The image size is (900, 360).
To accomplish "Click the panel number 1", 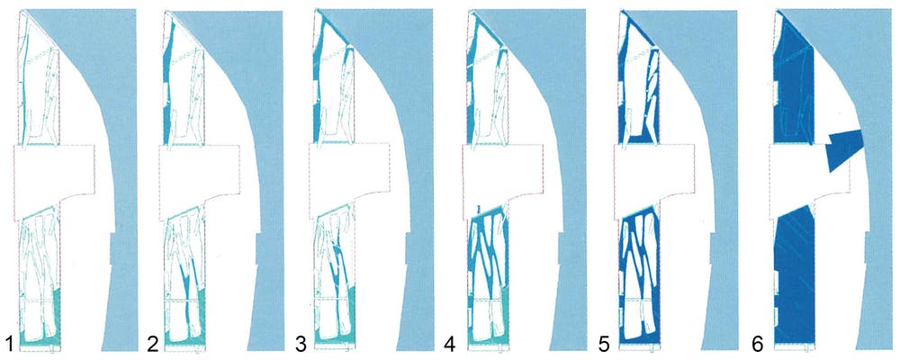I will (8, 342).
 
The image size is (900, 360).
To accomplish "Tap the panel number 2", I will (153, 342).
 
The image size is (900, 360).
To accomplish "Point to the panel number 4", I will (451, 342).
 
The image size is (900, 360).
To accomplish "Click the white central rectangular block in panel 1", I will (54, 180).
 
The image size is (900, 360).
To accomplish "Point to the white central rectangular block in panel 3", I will (348, 180).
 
